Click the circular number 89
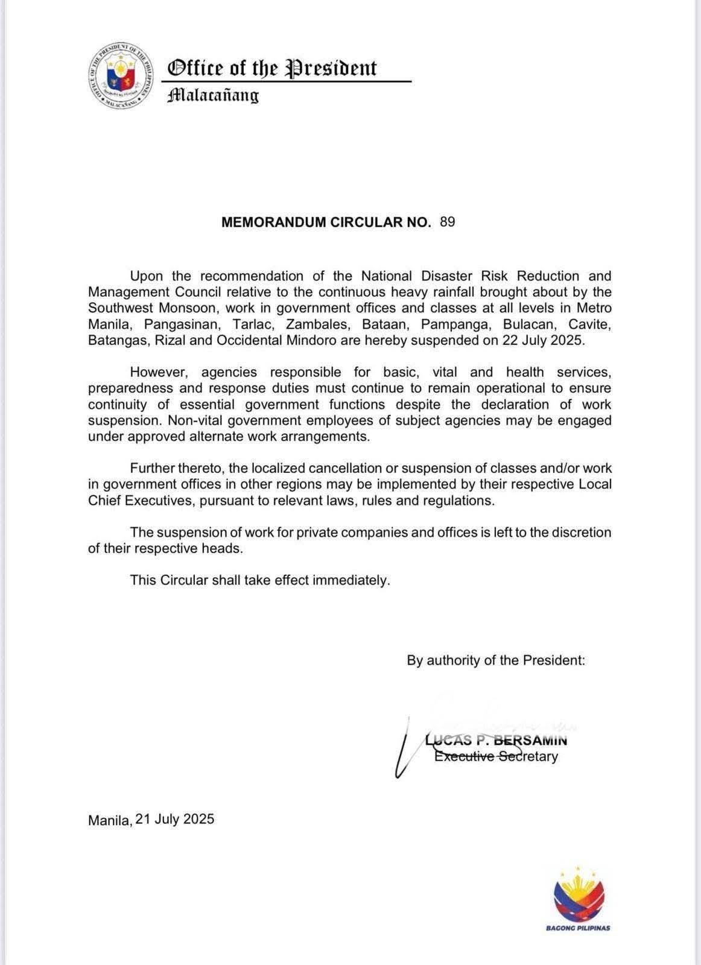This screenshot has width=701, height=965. click(448, 222)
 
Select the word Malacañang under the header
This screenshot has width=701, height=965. click(213, 95)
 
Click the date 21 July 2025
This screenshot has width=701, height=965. click(175, 820)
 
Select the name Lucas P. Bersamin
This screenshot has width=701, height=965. click(496, 741)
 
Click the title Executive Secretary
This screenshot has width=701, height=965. click(496, 756)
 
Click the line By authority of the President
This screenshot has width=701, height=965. click(496, 660)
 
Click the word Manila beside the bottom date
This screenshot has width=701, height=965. click(110, 820)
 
